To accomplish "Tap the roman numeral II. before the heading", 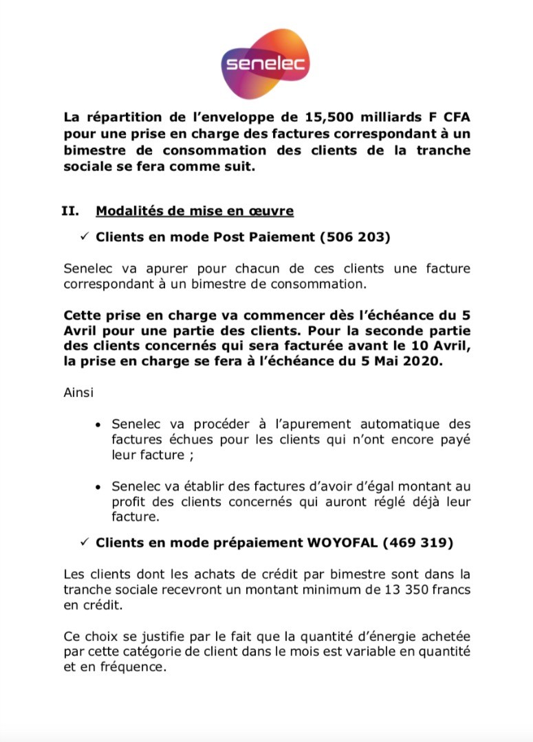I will click(71, 211).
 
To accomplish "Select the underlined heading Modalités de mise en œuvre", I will click(195, 211).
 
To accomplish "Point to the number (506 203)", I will click(356, 237).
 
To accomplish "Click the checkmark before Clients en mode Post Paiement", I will click(85, 237).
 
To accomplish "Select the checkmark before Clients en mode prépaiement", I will click(85, 543).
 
